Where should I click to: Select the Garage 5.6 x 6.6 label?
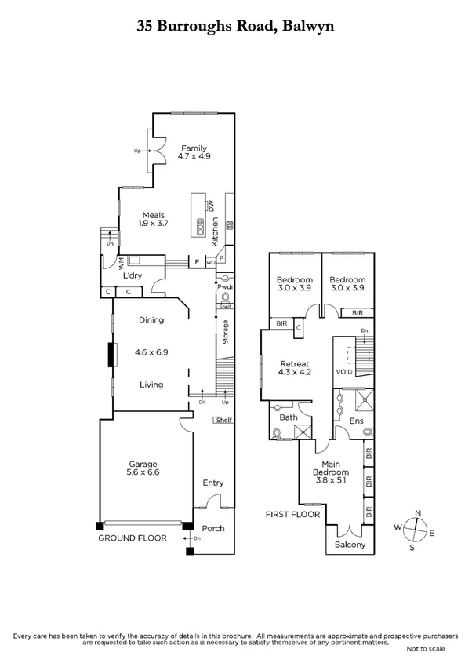click(142, 468)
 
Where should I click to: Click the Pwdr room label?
click(226, 287)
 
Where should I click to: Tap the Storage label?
click(226, 333)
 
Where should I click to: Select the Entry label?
click(213, 483)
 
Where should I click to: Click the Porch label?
click(213, 528)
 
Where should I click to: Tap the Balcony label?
click(350, 545)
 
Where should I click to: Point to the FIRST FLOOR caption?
click(292, 514)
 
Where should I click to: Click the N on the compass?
click(418, 512)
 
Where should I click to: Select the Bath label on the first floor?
click(289, 417)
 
